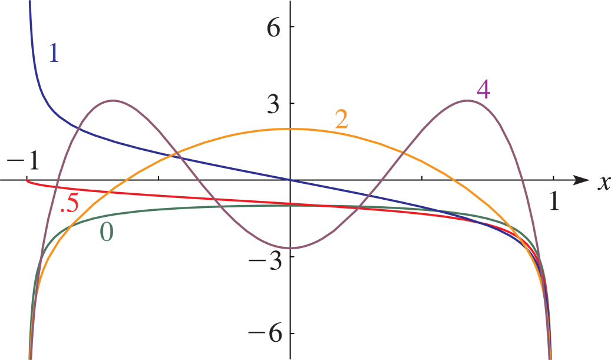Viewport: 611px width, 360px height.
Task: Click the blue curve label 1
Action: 54,53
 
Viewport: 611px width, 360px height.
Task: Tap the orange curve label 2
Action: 341,119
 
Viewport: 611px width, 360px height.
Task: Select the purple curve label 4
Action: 483,90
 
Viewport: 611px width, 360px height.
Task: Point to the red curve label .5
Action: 70,204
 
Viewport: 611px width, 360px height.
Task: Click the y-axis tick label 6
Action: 275,28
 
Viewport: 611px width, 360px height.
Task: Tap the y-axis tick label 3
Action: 275,104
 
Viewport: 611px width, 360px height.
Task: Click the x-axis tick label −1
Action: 24,161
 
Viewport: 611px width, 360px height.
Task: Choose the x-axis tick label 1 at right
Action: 554,201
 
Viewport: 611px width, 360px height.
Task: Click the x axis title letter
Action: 603,183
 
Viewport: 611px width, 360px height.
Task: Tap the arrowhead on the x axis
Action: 582,180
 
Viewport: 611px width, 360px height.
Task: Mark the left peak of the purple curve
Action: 113,101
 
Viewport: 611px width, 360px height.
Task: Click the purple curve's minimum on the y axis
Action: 290,248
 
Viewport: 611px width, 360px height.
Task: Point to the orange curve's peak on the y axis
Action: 290,128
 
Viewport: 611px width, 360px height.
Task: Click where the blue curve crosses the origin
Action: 290,180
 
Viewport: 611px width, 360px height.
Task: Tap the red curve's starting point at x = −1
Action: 27,180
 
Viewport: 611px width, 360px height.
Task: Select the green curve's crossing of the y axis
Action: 290,205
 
